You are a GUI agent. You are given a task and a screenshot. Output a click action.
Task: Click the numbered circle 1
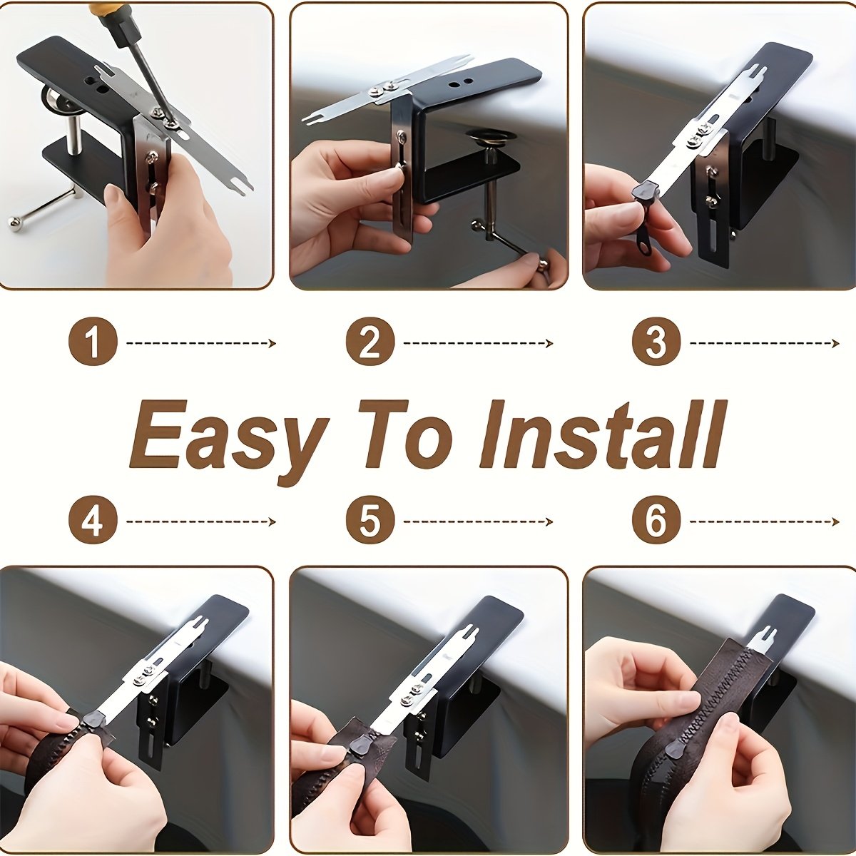point(93,342)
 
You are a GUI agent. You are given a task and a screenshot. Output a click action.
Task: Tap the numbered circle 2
point(370,342)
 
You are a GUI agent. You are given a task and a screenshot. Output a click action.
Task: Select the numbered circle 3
point(656,342)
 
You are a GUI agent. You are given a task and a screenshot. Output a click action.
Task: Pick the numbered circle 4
point(93,520)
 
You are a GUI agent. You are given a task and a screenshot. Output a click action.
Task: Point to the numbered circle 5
point(370,520)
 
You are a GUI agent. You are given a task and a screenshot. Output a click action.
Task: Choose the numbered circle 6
point(656,520)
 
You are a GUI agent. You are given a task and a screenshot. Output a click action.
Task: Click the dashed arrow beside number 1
point(201,343)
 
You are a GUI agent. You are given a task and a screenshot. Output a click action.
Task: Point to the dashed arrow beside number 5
point(479,521)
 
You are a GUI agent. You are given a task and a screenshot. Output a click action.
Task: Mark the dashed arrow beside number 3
point(765,343)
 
